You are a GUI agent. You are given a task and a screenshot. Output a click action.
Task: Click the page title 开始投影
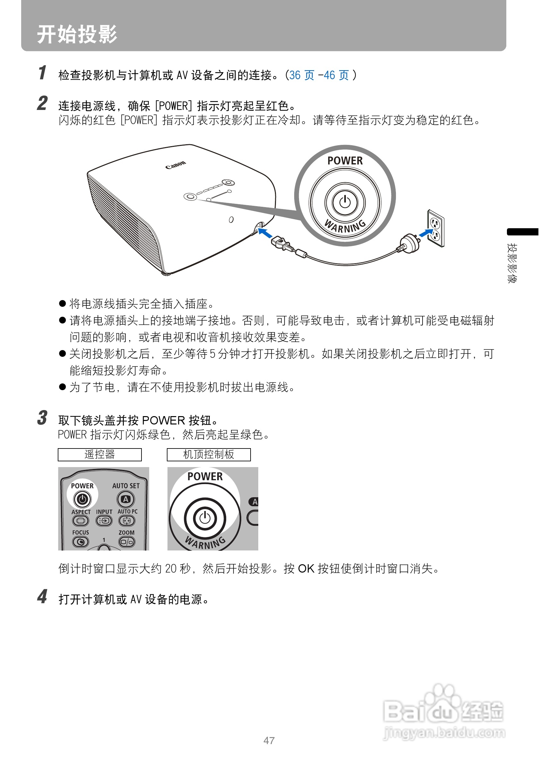(x=77, y=34)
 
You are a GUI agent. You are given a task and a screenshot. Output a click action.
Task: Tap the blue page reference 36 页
(x=301, y=75)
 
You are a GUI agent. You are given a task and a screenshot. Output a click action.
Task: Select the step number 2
(x=42, y=103)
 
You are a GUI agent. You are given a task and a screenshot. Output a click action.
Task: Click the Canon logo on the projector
(x=175, y=164)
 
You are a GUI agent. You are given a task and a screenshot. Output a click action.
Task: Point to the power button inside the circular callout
(x=345, y=202)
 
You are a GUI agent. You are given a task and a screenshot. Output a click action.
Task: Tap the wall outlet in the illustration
(x=436, y=229)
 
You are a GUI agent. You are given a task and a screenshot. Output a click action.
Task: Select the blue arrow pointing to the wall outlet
(x=425, y=233)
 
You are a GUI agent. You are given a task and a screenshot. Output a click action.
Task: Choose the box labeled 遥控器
(x=100, y=454)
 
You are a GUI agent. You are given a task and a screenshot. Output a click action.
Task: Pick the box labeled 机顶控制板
(x=209, y=454)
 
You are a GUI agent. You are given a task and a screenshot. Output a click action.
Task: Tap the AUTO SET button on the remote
(x=126, y=499)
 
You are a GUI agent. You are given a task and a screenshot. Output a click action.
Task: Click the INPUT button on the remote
(x=104, y=520)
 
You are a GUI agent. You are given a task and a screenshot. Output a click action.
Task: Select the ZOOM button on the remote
(x=127, y=542)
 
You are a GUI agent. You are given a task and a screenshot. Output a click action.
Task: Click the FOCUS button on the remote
(x=81, y=542)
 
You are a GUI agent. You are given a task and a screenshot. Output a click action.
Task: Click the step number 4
(x=42, y=596)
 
